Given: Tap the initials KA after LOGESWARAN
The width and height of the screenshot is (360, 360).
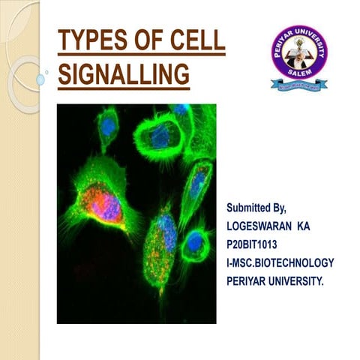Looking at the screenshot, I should pyautogui.click(x=319, y=224).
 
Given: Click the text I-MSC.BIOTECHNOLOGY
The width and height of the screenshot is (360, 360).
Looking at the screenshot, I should pyautogui.click(x=280, y=262).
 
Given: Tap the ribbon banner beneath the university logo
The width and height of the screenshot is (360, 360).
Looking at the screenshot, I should pyautogui.click(x=299, y=85).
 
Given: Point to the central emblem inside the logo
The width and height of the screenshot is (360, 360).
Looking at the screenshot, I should pyautogui.click(x=299, y=52).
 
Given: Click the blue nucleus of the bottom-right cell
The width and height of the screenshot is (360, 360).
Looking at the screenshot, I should pyautogui.click(x=196, y=242).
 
